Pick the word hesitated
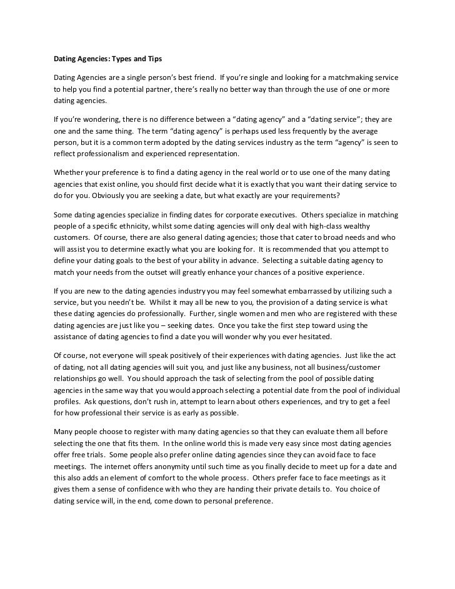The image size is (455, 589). click(305, 337)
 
